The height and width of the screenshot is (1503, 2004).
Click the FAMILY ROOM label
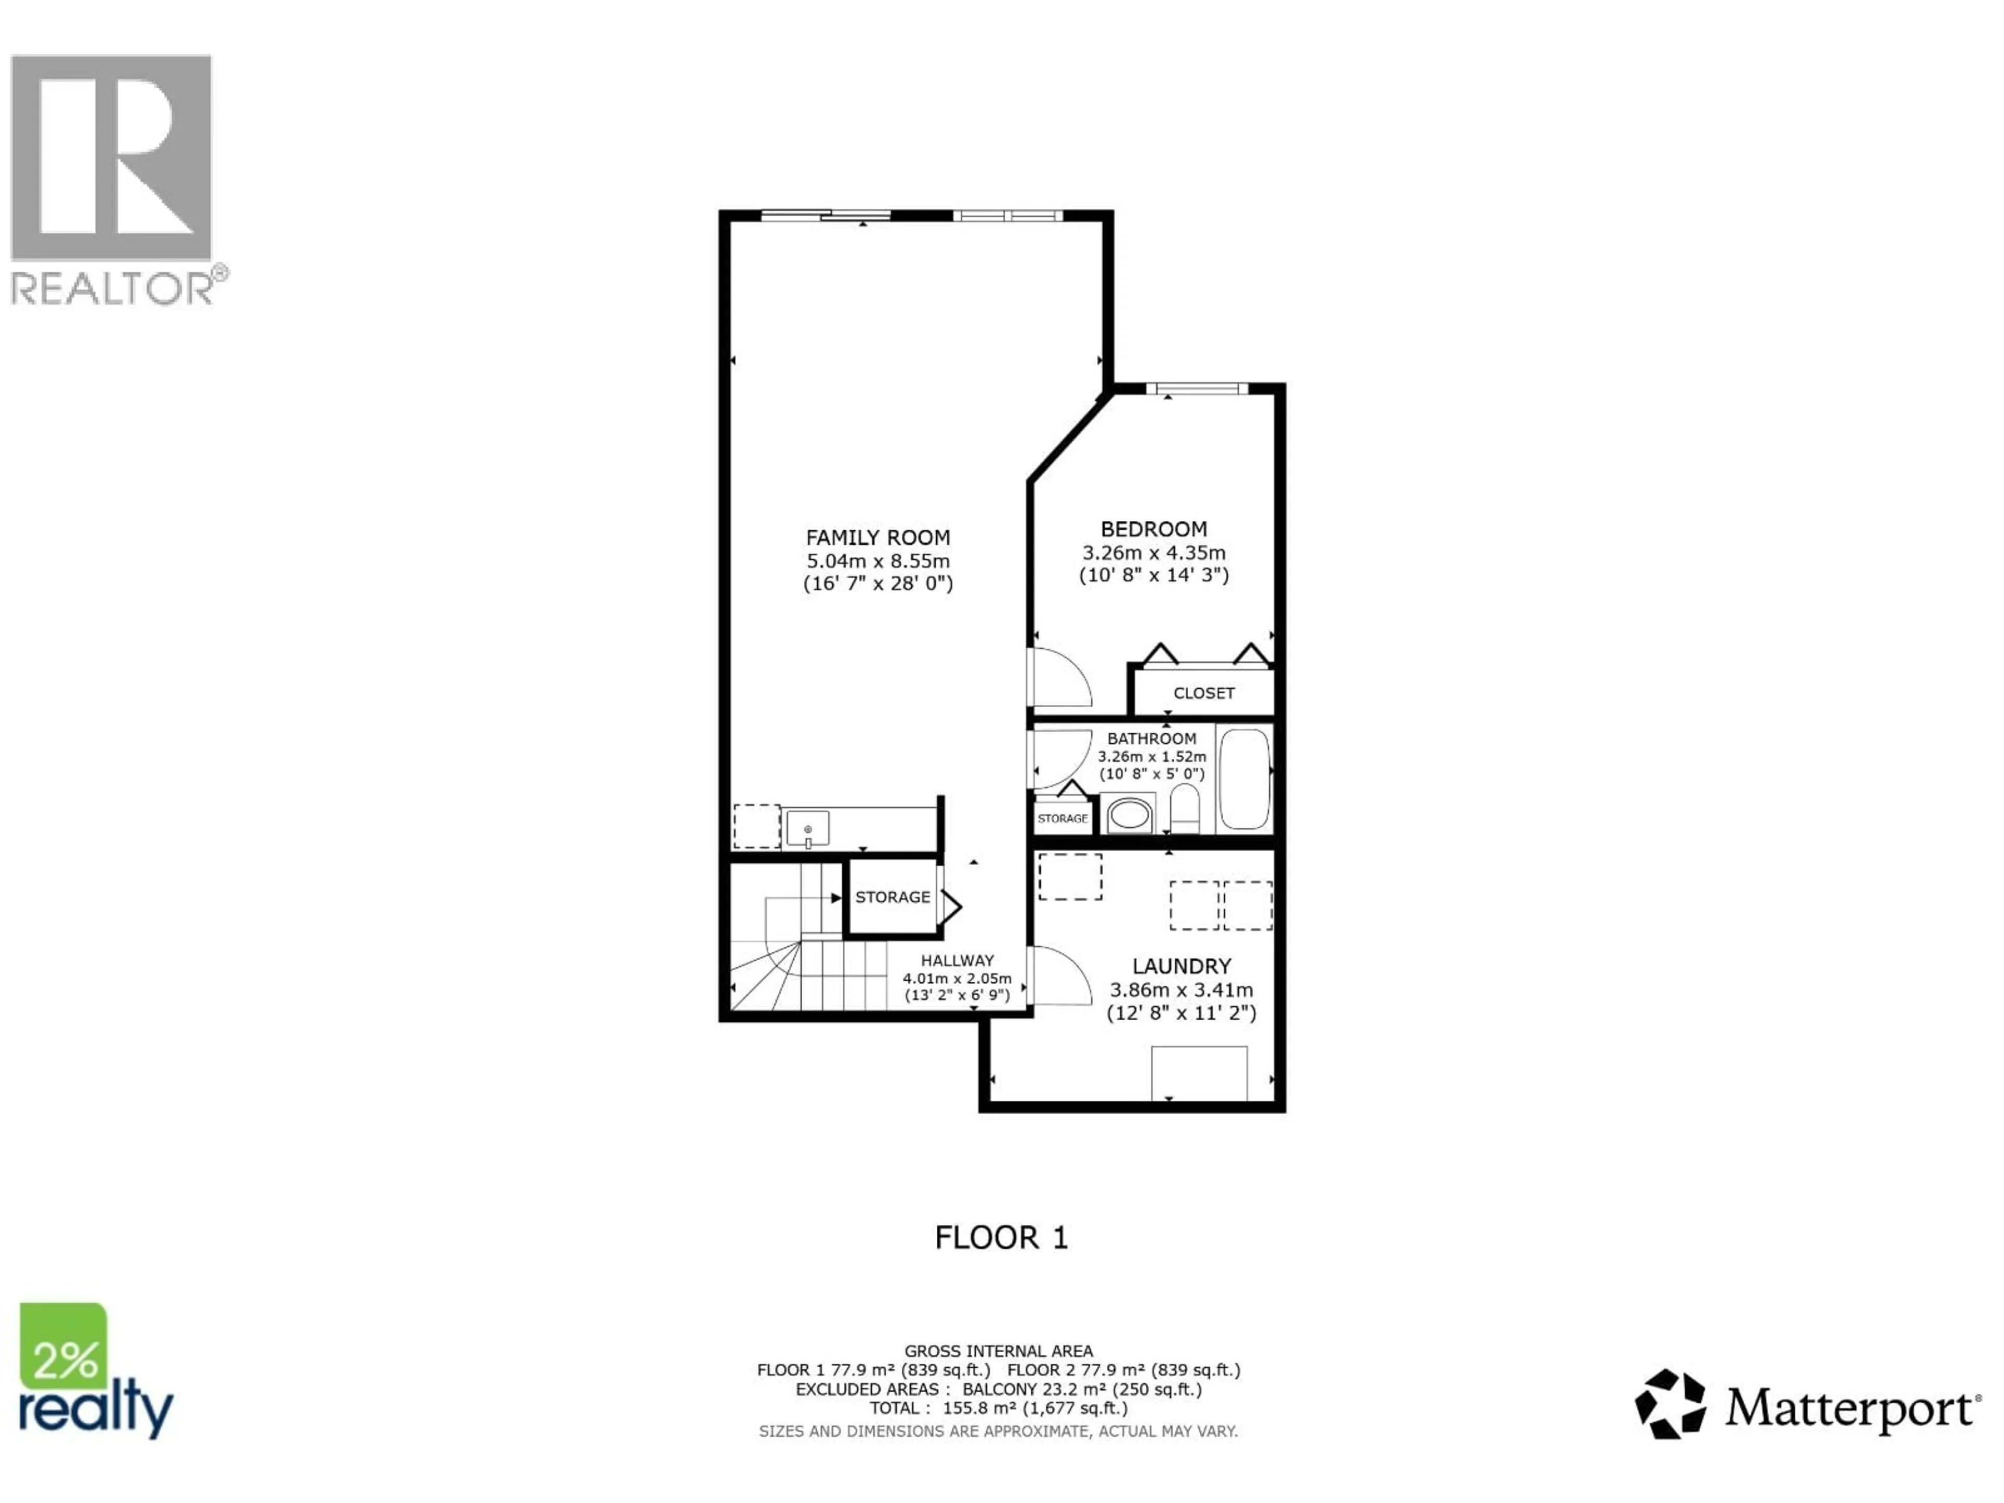pos(878,537)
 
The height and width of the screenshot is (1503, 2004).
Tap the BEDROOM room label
pos(1153,529)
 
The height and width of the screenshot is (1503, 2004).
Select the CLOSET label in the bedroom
pos(1203,693)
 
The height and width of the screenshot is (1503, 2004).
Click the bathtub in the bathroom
pos(1245,779)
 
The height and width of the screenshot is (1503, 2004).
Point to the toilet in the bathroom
pos(1184,807)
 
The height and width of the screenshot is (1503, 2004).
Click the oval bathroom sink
pos(1129,815)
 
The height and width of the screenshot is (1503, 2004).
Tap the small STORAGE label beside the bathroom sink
pos(1062,818)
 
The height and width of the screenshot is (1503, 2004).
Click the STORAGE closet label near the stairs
pos(892,897)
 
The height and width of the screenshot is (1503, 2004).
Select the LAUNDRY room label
pos(1182,967)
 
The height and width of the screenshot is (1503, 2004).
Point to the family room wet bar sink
pos(807,829)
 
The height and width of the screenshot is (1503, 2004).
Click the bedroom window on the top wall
pos(1197,389)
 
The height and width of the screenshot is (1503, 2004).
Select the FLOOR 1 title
pos(1001,1237)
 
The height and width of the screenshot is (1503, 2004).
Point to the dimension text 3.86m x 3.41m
pos(1182,990)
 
